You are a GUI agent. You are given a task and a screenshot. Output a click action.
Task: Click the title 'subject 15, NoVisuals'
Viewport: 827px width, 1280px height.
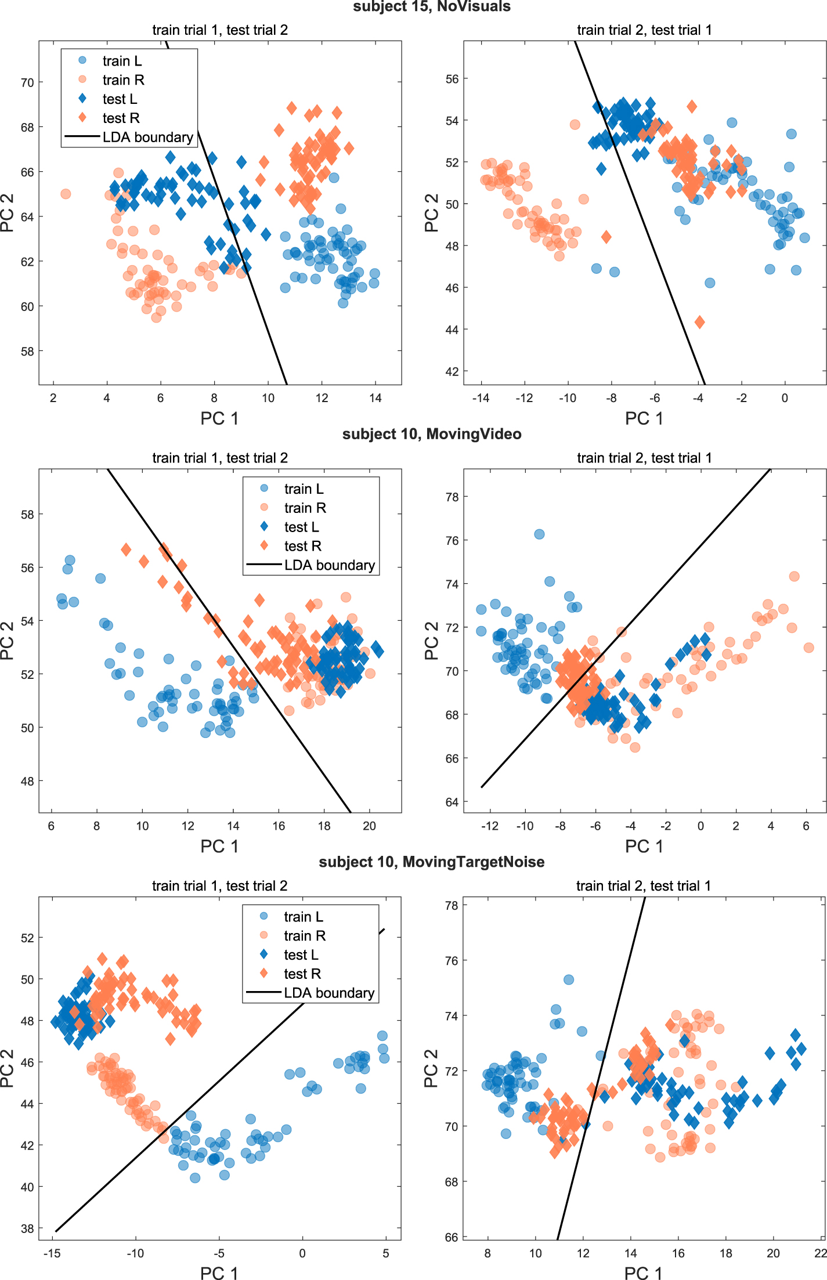click(x=432, y=6)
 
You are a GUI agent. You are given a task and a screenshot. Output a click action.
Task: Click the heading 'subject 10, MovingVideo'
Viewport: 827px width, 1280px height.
click(x=432, y=434)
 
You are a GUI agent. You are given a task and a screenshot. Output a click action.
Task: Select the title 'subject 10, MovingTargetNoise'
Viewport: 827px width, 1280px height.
click(x=432, y=862)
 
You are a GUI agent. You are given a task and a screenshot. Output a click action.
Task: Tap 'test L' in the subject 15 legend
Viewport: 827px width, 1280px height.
click(x=120, y=99)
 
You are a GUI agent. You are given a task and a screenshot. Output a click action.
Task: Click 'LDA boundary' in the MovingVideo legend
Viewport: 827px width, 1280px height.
click(x=329, y=565)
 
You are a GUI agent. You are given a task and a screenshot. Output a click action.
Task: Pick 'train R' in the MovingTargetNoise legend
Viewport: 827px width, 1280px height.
click(x=304, y=936)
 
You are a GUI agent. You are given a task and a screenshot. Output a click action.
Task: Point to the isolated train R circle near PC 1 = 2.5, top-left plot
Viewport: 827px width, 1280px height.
click(x=66, y=194)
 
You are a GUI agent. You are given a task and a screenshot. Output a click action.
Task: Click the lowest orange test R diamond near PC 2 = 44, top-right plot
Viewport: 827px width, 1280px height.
click(x=699, y=322)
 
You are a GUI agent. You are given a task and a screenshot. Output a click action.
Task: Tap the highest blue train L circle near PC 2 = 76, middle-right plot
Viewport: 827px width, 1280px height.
click(x=539, y=534)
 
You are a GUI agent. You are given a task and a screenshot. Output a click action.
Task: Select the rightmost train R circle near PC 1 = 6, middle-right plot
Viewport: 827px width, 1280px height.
click(x=808, y=648)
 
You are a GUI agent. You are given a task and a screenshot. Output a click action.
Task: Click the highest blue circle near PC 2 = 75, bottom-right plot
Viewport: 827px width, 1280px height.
click(x=569, y=979)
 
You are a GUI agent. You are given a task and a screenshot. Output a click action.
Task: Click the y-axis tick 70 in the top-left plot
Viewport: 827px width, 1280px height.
click(x=27, y=82)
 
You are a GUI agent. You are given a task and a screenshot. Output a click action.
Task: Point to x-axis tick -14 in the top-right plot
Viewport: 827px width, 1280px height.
click(x=481, y=398)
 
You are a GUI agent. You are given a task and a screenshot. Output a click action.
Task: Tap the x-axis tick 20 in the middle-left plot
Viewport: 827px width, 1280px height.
click(x=369, y=826)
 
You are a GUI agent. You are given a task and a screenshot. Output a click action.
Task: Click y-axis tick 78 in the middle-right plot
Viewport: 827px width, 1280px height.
click(x=452, y=497)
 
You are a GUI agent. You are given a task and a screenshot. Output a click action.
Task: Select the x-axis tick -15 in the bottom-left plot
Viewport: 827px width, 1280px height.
click(x=52, y=1253)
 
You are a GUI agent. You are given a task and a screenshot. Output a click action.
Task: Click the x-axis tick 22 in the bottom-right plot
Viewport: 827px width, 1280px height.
click(x=820, y=1253)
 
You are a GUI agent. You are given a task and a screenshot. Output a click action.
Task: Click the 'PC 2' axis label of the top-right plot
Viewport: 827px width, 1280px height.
click(x=431, y=213)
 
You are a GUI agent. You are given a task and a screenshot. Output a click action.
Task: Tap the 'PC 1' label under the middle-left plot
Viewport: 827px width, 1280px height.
click(x=219, y=847)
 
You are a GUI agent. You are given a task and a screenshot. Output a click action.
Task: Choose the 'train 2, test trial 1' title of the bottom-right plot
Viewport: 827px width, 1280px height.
click(x=644, y=886)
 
